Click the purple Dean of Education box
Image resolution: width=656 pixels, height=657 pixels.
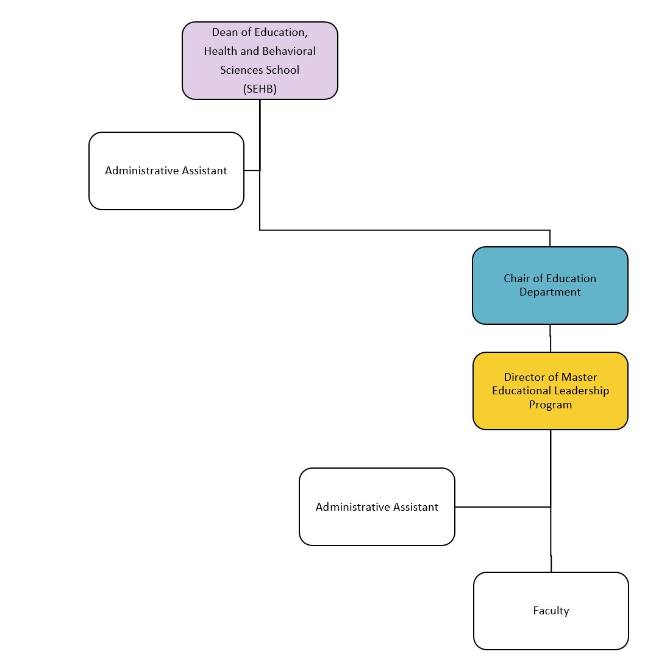[x=260, y=61]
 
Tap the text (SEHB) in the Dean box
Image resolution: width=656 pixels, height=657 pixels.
[x=260, y=89]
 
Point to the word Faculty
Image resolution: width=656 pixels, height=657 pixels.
[x=551, y=611]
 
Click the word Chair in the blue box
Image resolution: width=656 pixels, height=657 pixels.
[x=516, y=279]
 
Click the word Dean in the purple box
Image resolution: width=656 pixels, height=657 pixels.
[x=224, y=32]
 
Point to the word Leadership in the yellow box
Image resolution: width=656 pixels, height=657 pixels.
[x=581, y=391]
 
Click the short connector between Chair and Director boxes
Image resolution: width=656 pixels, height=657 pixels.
[x=551, y=338]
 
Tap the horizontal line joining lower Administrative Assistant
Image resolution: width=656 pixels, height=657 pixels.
[x=502, y=506]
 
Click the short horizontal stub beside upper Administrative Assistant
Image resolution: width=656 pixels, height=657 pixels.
[x=252, y=171]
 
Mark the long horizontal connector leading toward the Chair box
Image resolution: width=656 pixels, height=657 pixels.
[x=402, y=230]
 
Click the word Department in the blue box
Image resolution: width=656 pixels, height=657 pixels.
[x=550, y=292]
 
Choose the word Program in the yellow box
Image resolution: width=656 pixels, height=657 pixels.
[x=550, y=405]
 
